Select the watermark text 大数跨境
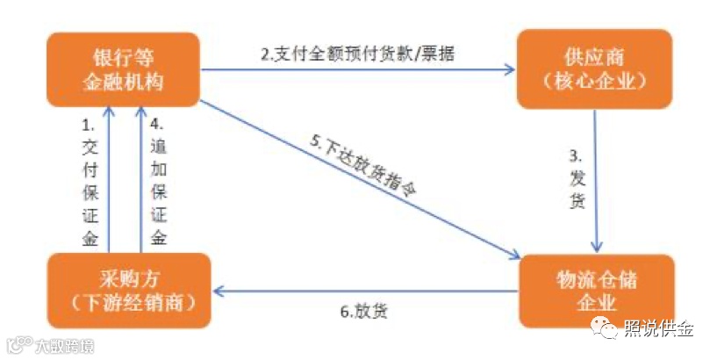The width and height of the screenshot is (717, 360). [x=63, y=345]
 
